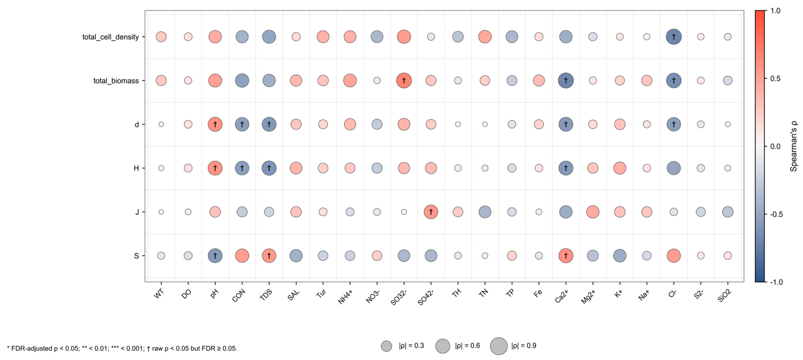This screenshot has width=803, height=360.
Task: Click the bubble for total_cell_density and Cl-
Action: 674,37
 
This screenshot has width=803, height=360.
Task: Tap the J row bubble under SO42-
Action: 431,212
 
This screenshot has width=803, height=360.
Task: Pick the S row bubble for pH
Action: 215,256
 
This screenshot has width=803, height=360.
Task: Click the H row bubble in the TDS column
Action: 269,168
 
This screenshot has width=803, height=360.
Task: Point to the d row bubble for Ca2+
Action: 566,124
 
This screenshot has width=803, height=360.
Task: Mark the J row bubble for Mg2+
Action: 593,212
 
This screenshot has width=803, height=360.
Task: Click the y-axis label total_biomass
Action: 116,81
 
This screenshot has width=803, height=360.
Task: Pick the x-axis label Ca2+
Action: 561,296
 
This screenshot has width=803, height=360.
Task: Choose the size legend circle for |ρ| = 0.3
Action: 386,346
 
